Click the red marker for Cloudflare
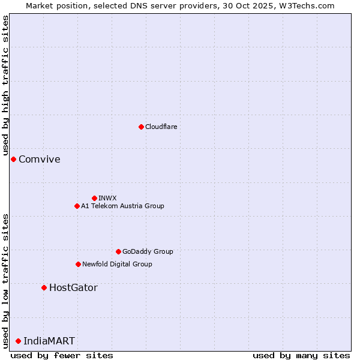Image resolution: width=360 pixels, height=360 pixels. pos(141,127)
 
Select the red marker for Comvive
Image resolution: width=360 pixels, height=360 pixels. pos(13,159)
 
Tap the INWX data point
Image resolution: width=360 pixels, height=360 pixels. pos(94,198)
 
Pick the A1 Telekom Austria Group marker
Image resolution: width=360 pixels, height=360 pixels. pos(77,206)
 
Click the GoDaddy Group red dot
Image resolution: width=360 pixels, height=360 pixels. pos(118,251)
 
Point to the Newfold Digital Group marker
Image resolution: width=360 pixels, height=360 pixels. pos(78,264)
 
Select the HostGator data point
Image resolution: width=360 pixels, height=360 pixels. pos(44,287)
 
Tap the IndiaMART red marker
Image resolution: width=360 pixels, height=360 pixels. pos(18,341)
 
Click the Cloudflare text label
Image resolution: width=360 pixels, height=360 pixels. pos(161,127)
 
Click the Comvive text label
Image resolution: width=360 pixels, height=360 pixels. pos(40,159)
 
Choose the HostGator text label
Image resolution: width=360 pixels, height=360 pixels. pos(73,287)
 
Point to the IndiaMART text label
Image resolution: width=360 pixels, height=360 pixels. pos(49,341)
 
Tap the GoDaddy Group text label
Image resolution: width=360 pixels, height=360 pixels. pos(148,251)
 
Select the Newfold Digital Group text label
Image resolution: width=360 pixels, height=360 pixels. pos(117,264)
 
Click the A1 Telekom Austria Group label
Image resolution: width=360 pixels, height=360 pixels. pos(122,206)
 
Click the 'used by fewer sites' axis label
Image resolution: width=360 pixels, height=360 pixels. pos(62,355)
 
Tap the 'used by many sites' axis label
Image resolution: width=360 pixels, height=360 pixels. pos(301,355)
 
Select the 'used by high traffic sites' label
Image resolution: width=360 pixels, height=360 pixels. pos(5,86)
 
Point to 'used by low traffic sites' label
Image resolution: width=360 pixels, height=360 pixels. pos(5,281)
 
